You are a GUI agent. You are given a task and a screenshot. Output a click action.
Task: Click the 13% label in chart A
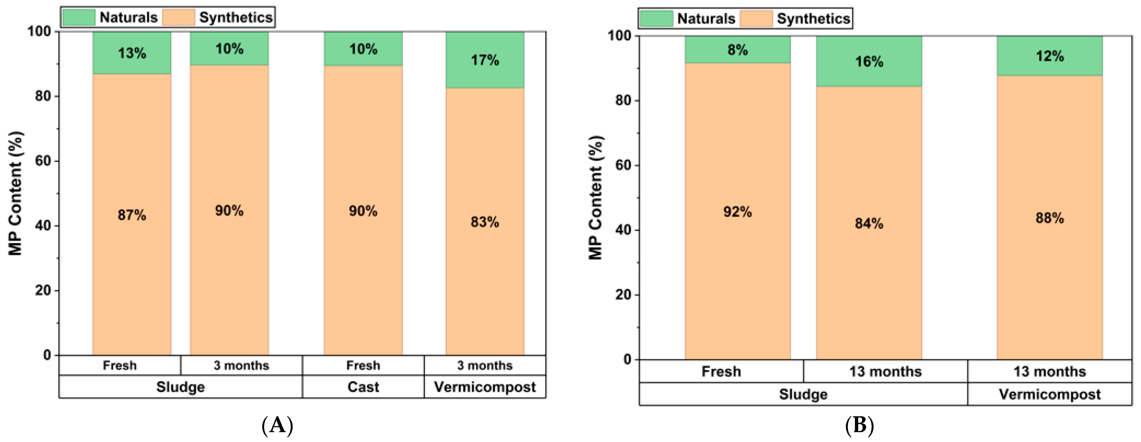pyautogui.click(x=132, y=53)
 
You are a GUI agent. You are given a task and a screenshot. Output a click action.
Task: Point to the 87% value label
pyautogui.click(x=132, y=215)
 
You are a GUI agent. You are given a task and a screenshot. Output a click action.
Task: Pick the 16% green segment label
pyautogui.click(x=869, y=62)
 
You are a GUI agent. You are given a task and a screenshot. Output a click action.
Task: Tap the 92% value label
pyautogui.click(x=737, y=212)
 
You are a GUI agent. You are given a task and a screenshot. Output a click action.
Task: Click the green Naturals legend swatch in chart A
pyautogui.click(x=79, y=17)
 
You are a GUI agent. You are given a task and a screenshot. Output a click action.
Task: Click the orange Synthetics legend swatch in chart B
pyautogui.click(x=756, y=19)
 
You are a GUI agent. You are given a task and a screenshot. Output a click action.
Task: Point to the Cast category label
pyautogui.click(x=363, y=387)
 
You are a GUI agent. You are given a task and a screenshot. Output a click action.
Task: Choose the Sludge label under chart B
pyautogui.click(x=803, y=394)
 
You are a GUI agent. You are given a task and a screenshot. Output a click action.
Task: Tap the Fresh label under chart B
pyautogui.click(x=721, y=371)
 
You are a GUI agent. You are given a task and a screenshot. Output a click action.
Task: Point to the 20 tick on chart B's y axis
pyautogui.click(x=623, y=294)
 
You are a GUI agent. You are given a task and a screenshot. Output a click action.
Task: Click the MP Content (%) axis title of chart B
pyautogui.click(x=596, y=198)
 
